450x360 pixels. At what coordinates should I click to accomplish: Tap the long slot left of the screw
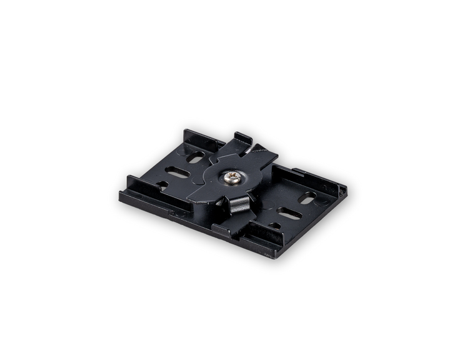(179, 174)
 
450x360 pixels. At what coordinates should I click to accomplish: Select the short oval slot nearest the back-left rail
(196, 157)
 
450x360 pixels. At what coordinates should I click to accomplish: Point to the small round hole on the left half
(163, 184)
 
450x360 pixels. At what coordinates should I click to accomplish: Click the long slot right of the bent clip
(289, 214)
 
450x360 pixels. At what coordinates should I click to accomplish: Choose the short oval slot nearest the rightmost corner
(307, 199)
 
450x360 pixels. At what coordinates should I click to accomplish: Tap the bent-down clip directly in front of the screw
(239, 204)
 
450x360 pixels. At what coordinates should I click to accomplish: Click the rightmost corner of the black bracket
(345, 191)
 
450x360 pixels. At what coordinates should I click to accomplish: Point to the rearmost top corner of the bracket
(186, 132)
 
